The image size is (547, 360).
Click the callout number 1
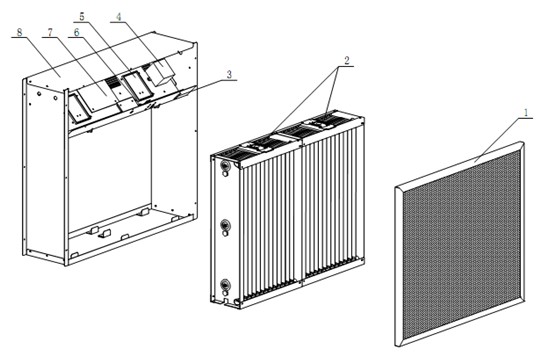pos(526,113)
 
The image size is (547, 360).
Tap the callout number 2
pos(346,60)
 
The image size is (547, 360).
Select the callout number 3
pos(229,75)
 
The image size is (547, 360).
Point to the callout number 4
pos(119,17)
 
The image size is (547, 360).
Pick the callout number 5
pos(82,16)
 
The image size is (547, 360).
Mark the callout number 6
pos(76,32)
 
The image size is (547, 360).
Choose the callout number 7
pos(50,32)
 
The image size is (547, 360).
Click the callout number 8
pos(20,32)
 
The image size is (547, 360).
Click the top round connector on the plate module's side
pos(225,167)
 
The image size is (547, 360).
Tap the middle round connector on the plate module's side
pos(225,227)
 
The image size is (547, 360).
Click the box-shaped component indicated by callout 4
pos(160,72)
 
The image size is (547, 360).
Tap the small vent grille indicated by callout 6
pos(112,82)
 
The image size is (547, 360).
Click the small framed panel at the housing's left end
pos(77,108)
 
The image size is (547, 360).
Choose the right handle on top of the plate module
pos(326,120)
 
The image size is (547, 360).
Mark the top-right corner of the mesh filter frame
pos(522,142)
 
